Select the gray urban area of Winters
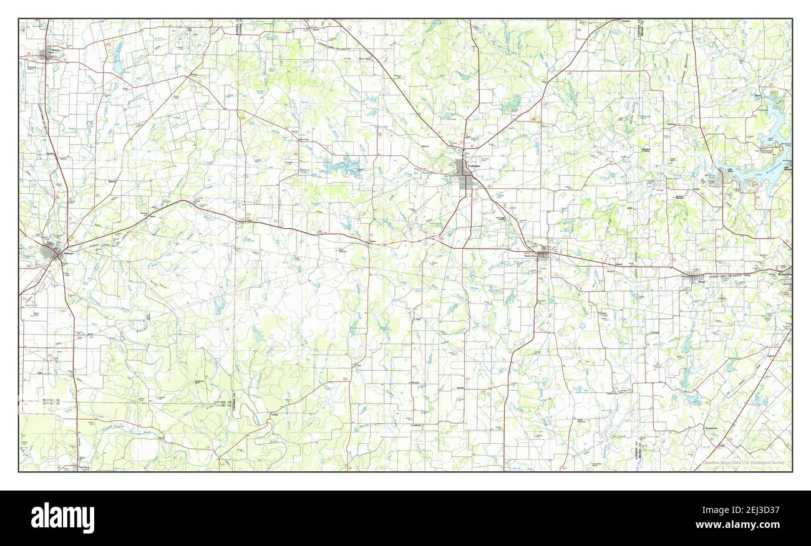[46, 55]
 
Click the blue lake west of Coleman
[340, 166]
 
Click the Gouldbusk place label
[415, 425]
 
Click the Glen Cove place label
[304, 139]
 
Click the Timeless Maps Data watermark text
[745, 463]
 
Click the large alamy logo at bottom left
[63, 517]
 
